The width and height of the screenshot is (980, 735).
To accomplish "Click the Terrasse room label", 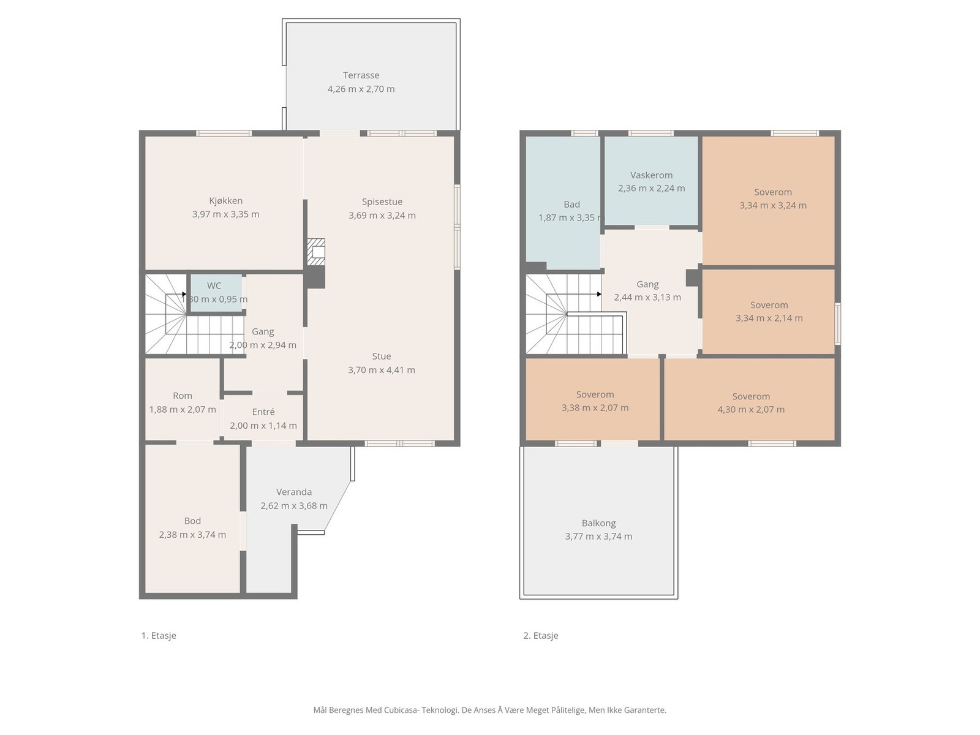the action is [361, 75].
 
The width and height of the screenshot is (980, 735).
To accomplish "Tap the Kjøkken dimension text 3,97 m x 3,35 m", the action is [225, 214].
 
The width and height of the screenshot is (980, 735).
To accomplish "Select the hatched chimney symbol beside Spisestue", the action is [315, 252].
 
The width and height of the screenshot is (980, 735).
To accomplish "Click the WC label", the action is [214, 285].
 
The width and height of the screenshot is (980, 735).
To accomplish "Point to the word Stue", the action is [382, 356].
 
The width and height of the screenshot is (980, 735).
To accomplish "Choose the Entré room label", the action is [263, 412].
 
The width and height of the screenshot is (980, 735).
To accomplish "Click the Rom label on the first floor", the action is [182, 396].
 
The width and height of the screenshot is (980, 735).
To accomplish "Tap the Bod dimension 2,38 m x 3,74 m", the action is [192, 535].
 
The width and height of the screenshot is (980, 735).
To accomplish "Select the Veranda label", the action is [294, 492].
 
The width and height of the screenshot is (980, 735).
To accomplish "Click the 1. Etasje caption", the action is [159, 636].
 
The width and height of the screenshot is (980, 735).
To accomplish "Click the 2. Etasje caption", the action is [541, 636].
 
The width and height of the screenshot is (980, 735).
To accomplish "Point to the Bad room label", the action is [571, 205].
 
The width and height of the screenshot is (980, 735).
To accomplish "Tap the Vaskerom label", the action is [652, 175].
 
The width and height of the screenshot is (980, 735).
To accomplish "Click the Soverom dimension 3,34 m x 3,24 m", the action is [773, 205].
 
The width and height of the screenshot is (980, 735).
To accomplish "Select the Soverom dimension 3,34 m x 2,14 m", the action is [769, 318].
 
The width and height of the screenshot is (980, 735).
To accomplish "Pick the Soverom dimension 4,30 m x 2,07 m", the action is [750, 409].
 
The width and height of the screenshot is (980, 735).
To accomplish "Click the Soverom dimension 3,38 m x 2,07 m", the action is [595, 407].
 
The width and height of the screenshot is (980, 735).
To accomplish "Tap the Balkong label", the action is [598, 523].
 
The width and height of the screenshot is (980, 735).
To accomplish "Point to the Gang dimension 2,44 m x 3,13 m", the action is [647, 297].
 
